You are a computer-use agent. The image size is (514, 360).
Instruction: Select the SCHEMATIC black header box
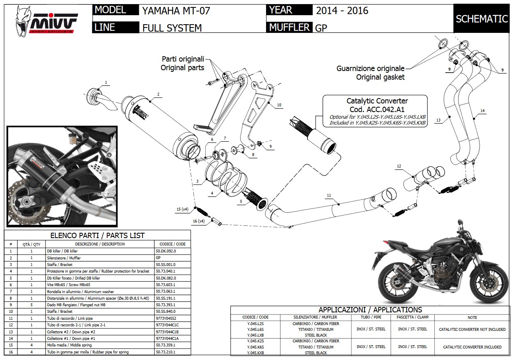point(482,19)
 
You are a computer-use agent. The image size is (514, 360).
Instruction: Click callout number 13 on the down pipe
point(438,120)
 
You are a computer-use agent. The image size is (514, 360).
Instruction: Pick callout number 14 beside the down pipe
point(482,110)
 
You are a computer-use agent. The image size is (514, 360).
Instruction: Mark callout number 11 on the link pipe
point(329,195)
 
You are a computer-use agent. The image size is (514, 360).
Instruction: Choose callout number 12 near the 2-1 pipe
point(399,166)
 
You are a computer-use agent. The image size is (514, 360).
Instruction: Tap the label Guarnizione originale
point(370,69)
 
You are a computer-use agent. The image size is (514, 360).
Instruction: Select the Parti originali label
point(183,59)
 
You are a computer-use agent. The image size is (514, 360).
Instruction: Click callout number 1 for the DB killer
point(106,83)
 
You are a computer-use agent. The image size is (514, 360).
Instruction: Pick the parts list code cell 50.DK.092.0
point(166,251)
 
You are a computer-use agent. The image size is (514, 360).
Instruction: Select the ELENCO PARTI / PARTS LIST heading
point(97,235)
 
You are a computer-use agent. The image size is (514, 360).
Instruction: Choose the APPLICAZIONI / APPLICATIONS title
point(370,310)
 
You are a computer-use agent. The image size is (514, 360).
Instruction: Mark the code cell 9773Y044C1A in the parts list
point(166,339)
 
